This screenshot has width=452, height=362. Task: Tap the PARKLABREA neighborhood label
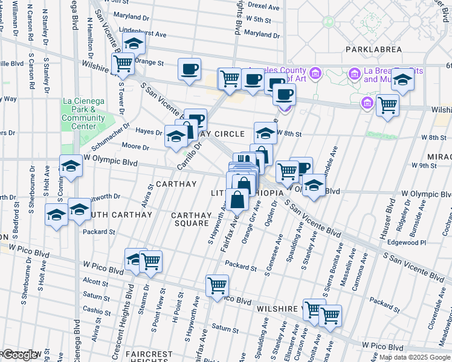(373, 49)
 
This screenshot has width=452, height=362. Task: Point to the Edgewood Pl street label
(408, 243)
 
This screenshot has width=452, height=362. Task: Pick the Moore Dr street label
(135, 147)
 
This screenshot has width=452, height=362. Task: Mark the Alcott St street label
(95, 281)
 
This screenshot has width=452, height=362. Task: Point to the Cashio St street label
(97, 310)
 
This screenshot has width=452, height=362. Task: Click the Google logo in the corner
(21, 355)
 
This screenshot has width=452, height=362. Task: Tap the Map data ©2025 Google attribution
(415, 357)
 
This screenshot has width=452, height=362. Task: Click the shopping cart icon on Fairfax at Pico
(217, 285)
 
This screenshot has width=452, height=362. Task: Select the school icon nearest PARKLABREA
(402, 80)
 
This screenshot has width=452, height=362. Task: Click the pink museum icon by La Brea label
(355, 75)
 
